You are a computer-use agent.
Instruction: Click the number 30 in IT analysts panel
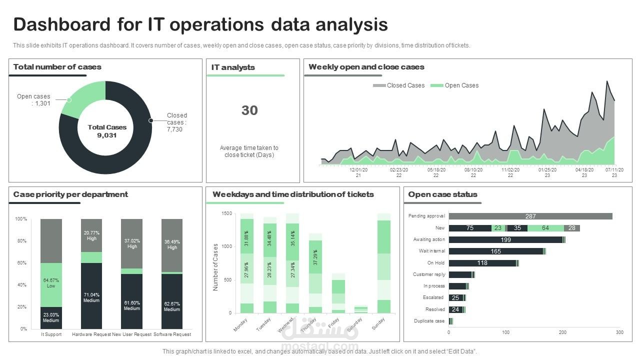tap(249, 110)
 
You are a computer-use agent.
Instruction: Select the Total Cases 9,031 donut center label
tap(107, 131)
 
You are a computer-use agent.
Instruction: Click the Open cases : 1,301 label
tap(33, 100)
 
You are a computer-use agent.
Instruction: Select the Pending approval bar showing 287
tap(530, 216)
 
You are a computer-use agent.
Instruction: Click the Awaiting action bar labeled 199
tap(505, 240)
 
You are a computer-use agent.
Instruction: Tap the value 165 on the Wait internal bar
tap(495, 251)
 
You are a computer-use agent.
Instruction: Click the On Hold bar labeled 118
tap(482, 263)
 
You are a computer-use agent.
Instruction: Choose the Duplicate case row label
tap(429, 321)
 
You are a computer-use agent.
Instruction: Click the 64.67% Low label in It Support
tap(51, 283)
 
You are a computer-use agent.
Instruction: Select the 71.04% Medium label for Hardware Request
tap(91, 297)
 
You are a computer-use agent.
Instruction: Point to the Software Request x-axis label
tap(172, 334)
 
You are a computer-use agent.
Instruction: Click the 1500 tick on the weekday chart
tap(226, 214)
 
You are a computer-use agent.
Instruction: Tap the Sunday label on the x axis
tap(378, 323)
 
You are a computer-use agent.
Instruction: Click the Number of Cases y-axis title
tap(216, 267)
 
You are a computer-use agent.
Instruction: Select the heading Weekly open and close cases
tap(366, 67)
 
